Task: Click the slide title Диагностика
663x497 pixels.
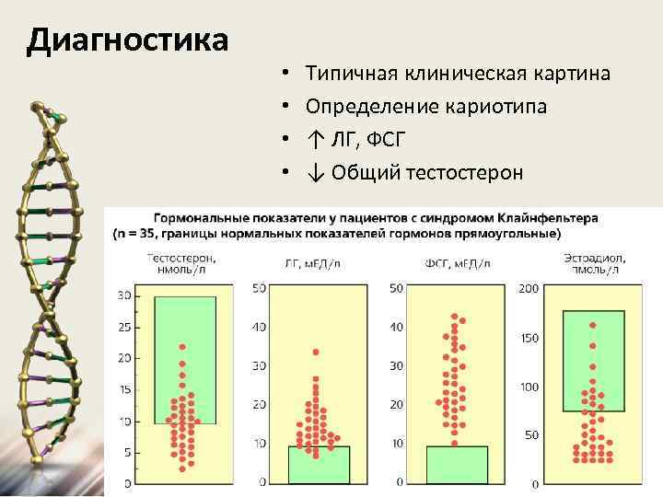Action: (x=127, y=40)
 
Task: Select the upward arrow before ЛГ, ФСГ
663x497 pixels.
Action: (x=315, y=140)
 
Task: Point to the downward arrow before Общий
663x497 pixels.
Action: (x=315, y=172)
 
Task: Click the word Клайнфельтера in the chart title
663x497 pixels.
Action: (x=549, y=218)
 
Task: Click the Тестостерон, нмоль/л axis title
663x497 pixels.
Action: (x=180, y=264)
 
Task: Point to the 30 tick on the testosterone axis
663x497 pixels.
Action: (x=126, y=295)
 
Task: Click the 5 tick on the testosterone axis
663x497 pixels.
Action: (x=129, y=452)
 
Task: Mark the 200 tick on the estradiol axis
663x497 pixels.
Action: (x=529, y=289)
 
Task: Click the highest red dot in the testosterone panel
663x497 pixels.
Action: (x=182, y=347)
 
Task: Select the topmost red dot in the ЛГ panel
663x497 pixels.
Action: (x=316, y=353)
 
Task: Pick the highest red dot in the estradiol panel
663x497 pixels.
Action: (x=592, y=325)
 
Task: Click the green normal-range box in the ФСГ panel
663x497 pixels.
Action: (x=457, y=464)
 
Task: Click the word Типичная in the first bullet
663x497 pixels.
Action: (x=349, y=73)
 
